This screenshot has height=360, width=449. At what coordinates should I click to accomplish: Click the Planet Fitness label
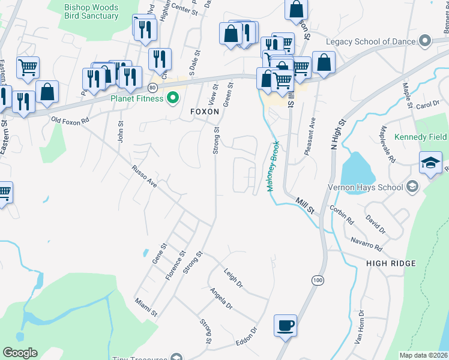[137, 98]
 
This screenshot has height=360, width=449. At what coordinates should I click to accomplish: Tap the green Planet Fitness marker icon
[173, 97]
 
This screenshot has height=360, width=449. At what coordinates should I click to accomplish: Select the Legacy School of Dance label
[371, 41]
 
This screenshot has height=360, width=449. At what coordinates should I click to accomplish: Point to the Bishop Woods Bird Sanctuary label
[91, 11]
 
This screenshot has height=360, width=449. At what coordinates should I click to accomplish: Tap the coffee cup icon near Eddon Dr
[285, 326]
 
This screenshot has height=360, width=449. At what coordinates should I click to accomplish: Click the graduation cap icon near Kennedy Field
[430, 163]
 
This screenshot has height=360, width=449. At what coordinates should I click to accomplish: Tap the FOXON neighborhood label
[203, 112]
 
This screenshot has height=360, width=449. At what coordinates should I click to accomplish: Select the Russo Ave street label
[145, 177]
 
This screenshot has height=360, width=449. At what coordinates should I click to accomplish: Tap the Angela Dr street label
[220, 298]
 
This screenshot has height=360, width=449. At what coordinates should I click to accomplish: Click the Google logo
[20, 353]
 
